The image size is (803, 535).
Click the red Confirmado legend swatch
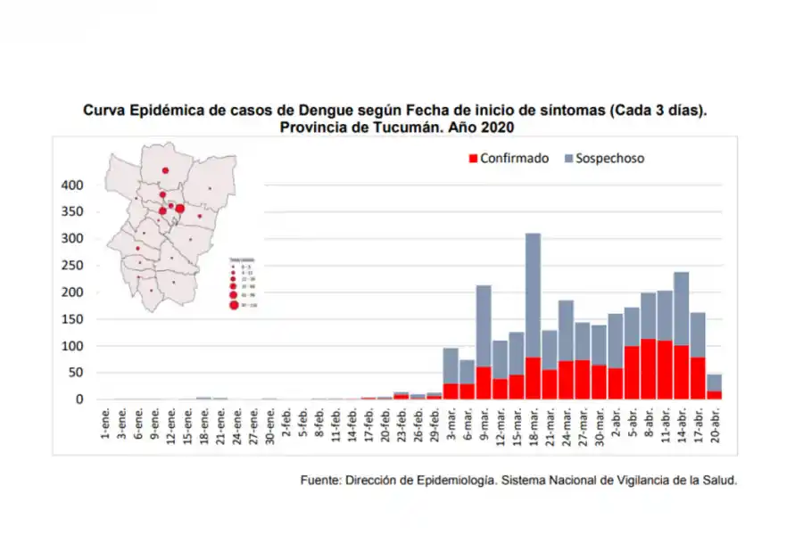pyautogui.click(x=473, y=159)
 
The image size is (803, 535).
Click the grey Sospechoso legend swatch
pyautogui.click(x=568, y=159)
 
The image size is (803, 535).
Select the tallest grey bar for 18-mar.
pyautogui.click(x=533, y=294)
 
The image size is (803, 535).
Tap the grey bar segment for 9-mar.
pyautogui.click(x=484, y=325)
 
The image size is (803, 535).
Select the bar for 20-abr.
pyautogui.click(x=714, y=387)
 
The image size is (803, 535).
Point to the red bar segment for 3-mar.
pyautogui.click(x=451, y=391)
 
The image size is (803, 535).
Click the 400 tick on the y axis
pyautogui.click(x=72, y=185)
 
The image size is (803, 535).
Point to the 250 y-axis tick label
pyautogui.click(x=72, y=266)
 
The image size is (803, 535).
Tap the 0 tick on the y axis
pyautogui.click(x=79, y=399)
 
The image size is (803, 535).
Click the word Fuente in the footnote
pyautogui.click(x=320, y=480)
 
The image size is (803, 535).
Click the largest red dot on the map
pyautogui.click(x=180, y=209)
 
